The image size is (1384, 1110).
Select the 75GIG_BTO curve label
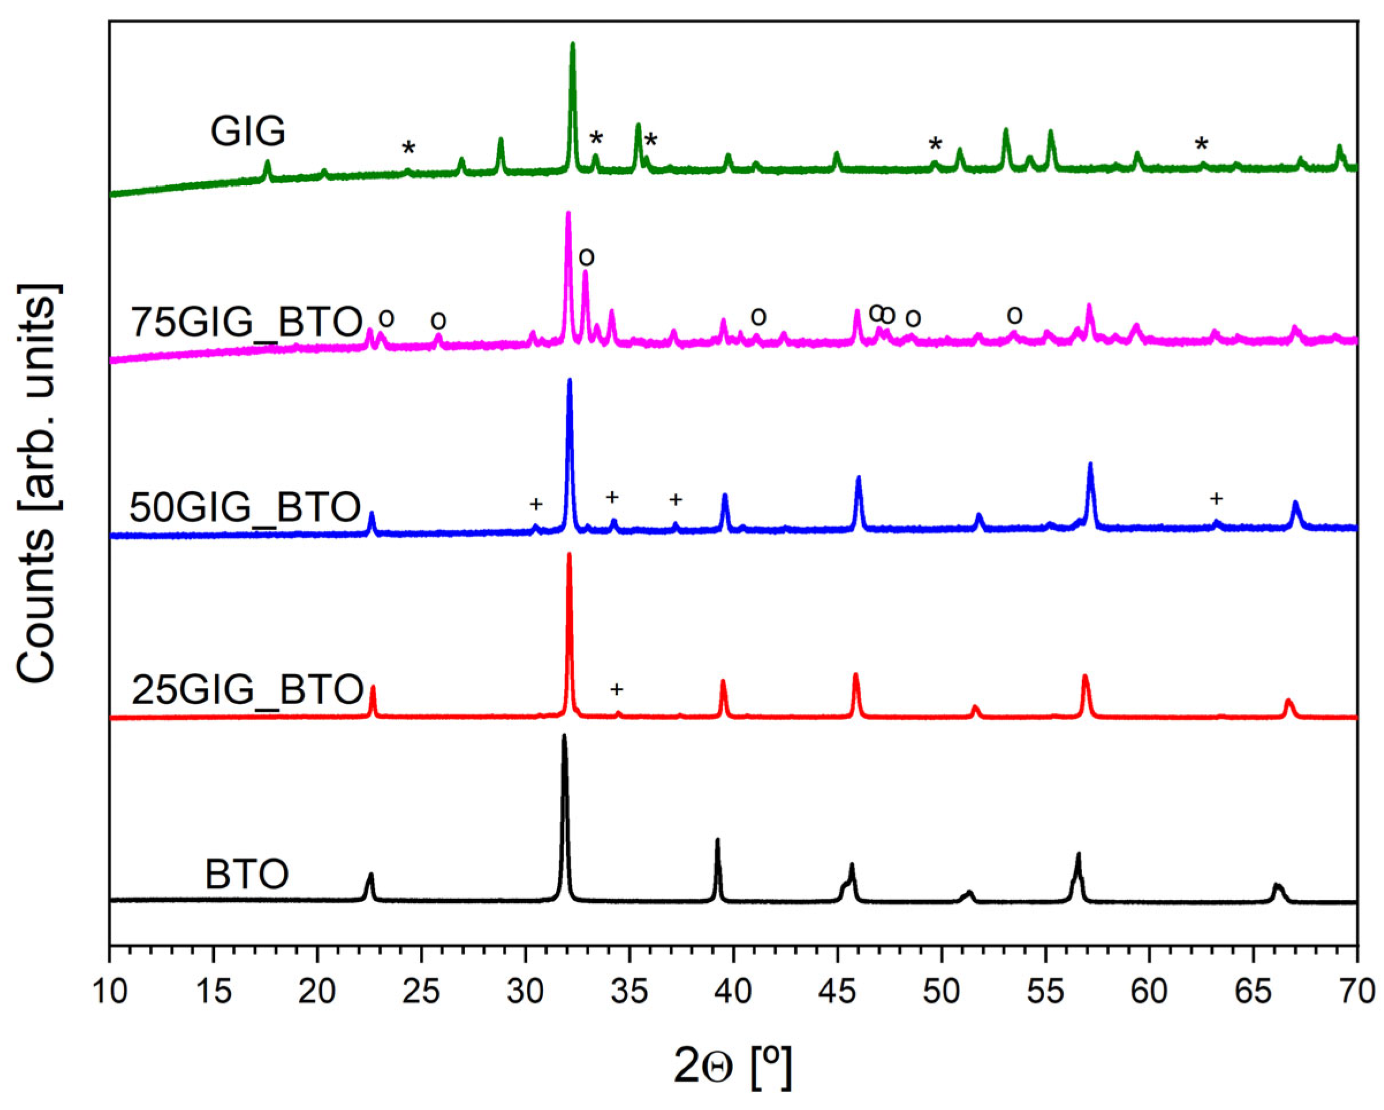[x=247, y=321]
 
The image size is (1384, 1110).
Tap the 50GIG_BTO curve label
[x=245, y=508]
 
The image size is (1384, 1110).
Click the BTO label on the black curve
[x=247, y=875]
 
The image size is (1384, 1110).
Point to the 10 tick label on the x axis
[x=109, y=992]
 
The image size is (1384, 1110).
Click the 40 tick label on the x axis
[x=733, y=992]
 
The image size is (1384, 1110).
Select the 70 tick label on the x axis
[x=1356, y=992]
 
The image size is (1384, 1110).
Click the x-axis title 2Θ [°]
[x=733, y=1067]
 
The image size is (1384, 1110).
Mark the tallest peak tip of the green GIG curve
[x=572, y=44]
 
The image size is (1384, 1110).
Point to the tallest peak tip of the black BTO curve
[x=564, y=736]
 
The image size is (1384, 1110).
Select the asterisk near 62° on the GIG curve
[x=1201, y=145]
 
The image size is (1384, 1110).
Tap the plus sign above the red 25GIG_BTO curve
[x=616, y=689]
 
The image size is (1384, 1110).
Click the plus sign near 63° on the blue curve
[x=1216, y=499]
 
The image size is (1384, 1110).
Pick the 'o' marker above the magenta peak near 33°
[x=586, y=257]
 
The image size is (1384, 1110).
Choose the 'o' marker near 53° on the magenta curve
[x=1014, y=315]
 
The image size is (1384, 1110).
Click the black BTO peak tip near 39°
[x=717, y=840]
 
